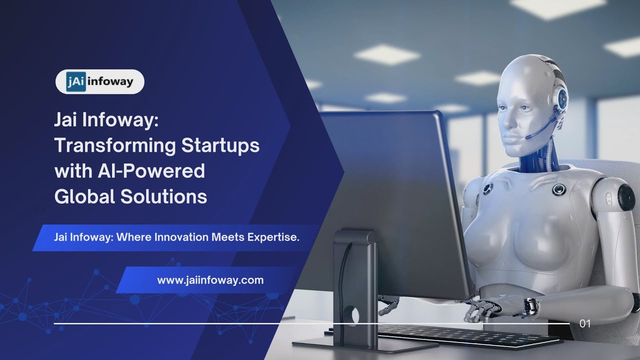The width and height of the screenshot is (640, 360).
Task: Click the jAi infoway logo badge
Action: coord(100,82)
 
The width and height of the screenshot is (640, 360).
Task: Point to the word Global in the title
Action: coord(84,196)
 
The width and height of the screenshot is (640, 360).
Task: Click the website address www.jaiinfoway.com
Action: coord(210,280)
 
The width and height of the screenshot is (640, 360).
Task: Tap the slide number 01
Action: coord(584,323)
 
